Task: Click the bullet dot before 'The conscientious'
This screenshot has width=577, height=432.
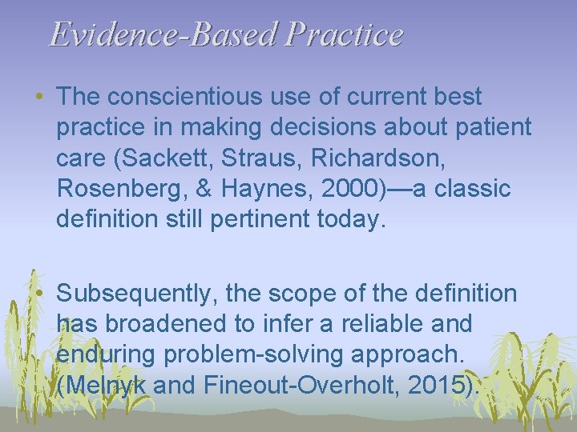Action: click(x=40, y=98)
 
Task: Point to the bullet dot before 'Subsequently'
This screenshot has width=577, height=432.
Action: click(x=40, y=294)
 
